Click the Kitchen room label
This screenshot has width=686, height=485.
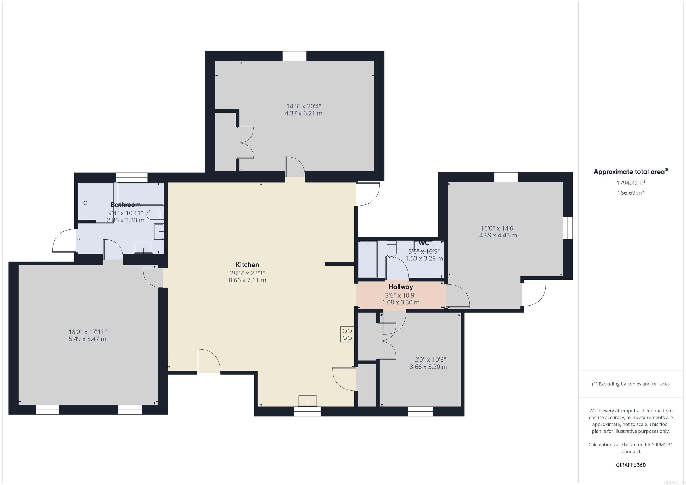tap(247, 265)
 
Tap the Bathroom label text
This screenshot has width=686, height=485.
tap(125, 205)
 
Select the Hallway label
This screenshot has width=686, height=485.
tap(401, 287)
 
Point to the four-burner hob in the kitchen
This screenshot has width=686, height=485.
tap(347, 334)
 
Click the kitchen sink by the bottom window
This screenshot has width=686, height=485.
tap(307, 400)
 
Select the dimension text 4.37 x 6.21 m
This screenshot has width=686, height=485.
tap(303, 113)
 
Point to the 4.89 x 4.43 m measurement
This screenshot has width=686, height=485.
tap(498, 235)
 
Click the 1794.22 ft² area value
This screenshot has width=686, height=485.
tap(630, 183)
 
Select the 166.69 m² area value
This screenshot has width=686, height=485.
tap(630, 193)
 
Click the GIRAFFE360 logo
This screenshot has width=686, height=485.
tap(630, 465)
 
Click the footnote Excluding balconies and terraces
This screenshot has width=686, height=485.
tap(630, 384)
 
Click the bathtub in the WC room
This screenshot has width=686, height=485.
tap(368, 259)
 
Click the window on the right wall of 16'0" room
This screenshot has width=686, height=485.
tap(568, 228)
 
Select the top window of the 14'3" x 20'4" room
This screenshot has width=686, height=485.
tap(294, 56)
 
